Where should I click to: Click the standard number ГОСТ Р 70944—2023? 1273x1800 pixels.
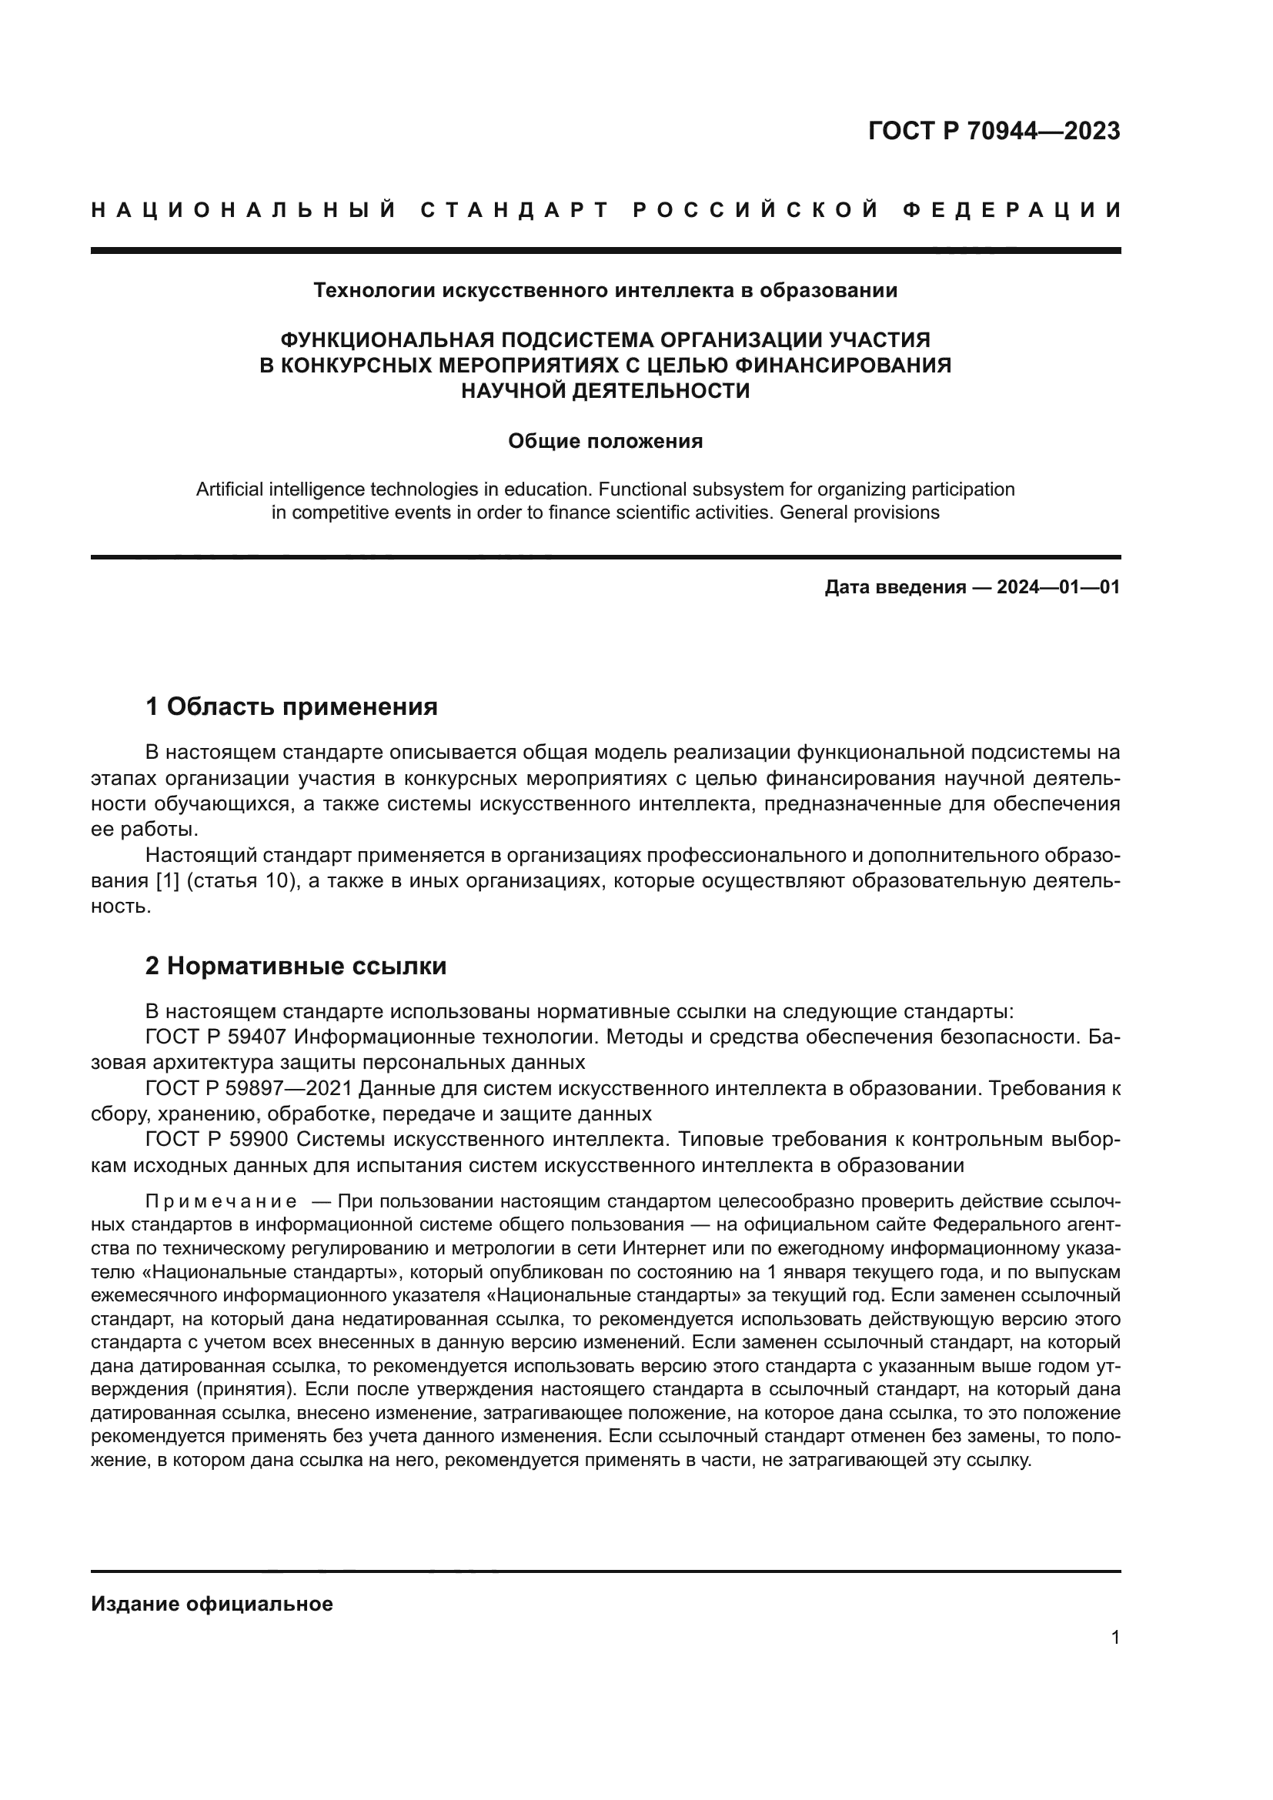994,131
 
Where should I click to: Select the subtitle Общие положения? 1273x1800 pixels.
605,442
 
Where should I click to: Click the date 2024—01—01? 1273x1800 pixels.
1058,587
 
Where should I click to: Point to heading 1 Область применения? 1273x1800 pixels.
291,707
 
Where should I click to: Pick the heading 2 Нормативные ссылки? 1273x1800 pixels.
296,967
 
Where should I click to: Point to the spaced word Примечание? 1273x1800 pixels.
221,1202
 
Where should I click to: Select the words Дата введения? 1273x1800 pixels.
895,587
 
